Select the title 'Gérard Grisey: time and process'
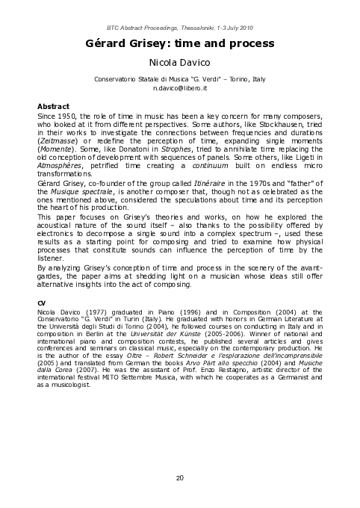180,44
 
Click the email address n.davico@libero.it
180,88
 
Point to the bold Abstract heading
53,106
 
